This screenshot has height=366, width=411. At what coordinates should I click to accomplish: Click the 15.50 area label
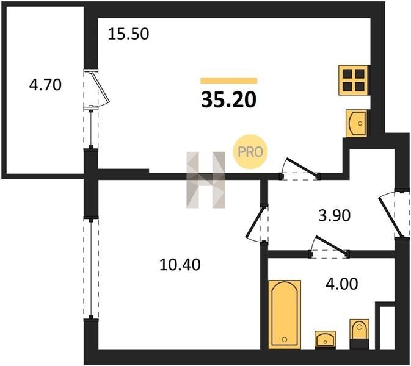point(128,34)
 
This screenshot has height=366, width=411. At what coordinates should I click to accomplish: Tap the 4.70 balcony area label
point(45,85)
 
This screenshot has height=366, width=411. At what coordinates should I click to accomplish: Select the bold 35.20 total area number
point(228,100)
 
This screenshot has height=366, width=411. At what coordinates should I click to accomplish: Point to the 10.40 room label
point(180,264)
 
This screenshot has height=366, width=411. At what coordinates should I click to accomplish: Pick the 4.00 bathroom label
point(341,284)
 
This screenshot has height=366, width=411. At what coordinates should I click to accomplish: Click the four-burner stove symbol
point(354,80)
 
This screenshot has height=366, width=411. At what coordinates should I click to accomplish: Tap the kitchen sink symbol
point(357,123)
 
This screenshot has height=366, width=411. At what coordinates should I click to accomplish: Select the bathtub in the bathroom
point(285,315)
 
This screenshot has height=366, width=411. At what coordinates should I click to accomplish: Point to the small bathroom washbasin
point(326,340)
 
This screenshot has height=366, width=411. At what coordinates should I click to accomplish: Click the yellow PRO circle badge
point(250,151)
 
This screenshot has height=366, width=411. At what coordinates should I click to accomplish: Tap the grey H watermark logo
point(205,180)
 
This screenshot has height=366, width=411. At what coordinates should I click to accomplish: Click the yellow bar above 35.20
point(229,81)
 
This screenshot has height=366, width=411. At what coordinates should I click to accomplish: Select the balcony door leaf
point(100,87)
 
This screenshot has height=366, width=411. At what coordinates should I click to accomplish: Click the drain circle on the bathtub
point(285,340)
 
